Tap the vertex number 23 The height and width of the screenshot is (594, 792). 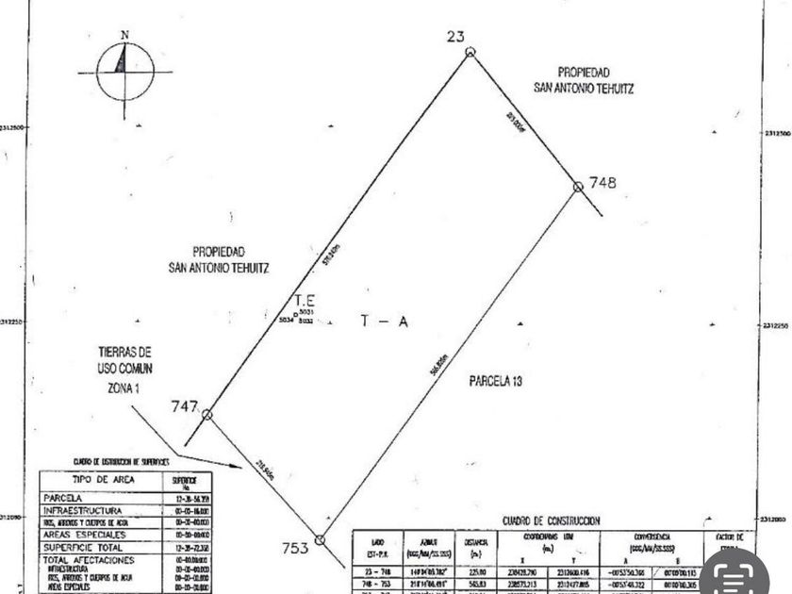coord(456,36)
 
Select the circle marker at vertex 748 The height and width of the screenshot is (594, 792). coord(578,187)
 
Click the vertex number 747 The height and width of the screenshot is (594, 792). coord(184,406)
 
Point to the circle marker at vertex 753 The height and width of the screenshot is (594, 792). coord(320,539)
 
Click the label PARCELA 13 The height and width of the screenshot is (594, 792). coord(495,382)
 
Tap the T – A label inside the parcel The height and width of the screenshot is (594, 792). coord(384,322)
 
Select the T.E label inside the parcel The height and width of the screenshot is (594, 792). coord(305,301)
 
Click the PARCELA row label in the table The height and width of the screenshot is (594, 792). coord(62,498)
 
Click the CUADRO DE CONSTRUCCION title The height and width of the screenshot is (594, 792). coord(551,520)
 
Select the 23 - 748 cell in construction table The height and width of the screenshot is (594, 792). coord(377,571)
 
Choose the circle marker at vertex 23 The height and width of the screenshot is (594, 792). coord(470,52)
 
